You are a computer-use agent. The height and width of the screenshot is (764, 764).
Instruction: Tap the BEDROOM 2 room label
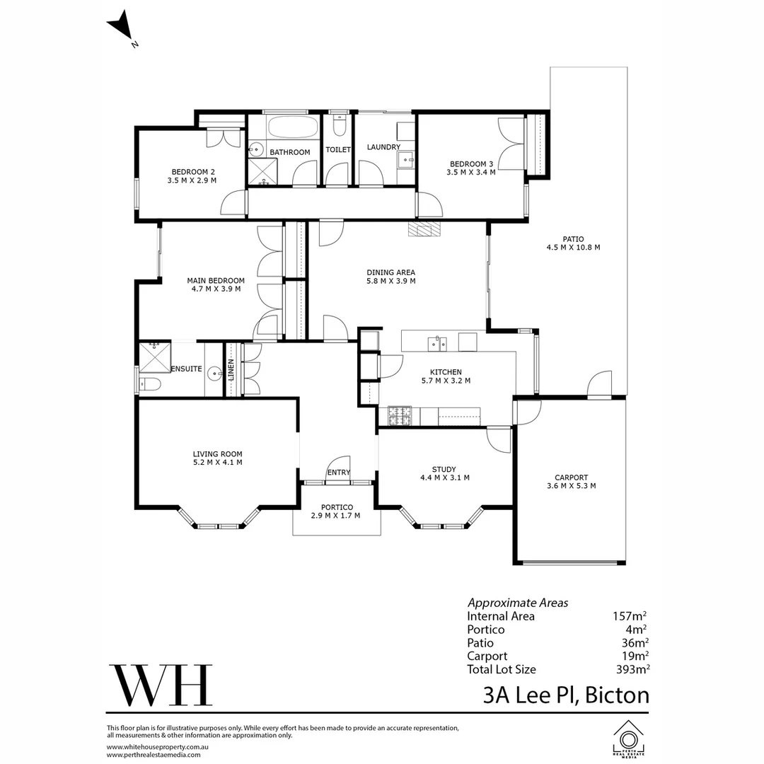tap(192, 172)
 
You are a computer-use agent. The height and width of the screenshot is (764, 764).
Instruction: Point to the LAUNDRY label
tap(383, 147)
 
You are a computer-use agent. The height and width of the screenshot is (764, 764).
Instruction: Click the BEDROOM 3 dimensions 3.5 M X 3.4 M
tap(470, 171)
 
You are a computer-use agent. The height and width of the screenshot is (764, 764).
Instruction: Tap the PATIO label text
tap(572, 239)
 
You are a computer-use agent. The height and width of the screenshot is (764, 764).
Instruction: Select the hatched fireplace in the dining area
tap(424, 228)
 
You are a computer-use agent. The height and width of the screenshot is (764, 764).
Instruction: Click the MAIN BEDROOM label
tap(216, 280)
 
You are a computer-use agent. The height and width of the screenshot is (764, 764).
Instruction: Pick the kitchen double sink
tap(436, 344)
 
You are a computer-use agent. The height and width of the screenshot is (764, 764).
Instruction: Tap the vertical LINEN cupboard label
tap(231, 369)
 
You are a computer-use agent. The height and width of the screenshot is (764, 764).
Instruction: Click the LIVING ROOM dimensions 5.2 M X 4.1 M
tap(217, 463)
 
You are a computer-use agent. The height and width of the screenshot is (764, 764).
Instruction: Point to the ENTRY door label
tap(337, 473)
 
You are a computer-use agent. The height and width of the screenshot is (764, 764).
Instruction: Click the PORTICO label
tap(335, 507)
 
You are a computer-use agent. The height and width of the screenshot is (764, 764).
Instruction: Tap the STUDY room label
tap(444, 469)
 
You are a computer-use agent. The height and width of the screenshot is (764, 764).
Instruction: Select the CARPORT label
tap(571, 477)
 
